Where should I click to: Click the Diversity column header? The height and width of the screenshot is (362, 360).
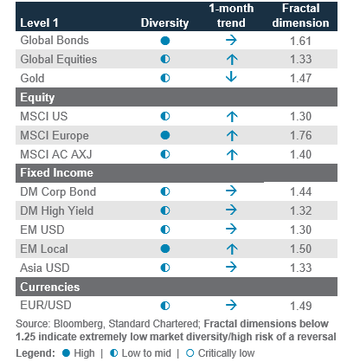[x=164, y=23]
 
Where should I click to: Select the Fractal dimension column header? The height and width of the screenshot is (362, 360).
[x=300, y=16]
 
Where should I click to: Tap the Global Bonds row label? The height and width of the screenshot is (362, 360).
[x=55, y=41]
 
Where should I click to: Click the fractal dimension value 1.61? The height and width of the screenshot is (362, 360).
[x=300, y=41]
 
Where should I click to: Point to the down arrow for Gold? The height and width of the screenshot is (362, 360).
[x=231, y=77]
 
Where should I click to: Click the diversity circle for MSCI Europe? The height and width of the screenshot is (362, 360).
[x=165, y=135]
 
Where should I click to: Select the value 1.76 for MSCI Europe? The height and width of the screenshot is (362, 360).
[x=300, y=135]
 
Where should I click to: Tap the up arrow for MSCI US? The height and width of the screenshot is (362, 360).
[x=232, y=116]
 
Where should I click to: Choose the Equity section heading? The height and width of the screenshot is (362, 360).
[x=37, y=98]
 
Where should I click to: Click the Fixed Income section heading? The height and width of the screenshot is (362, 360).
[x=56, y=172]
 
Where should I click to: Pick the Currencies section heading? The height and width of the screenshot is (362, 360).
[x=50, y=287]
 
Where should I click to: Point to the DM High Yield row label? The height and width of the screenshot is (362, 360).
[x=57, y=210]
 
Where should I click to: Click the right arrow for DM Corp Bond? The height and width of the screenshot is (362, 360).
[x=231, y=191]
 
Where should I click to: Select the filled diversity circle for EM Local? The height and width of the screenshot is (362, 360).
[x=165, y=249]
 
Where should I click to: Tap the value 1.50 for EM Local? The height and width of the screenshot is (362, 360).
[x=300, y=249]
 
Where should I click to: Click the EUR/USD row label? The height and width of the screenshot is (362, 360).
[x=46, y=305]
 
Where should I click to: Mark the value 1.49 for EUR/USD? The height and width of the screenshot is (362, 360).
[x=300, y=306]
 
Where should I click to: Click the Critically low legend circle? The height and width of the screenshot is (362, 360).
[x=190, y=353]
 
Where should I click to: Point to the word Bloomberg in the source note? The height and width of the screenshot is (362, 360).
[x=79, y=324]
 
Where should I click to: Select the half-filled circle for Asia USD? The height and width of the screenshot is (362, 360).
[x=165, y=268]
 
